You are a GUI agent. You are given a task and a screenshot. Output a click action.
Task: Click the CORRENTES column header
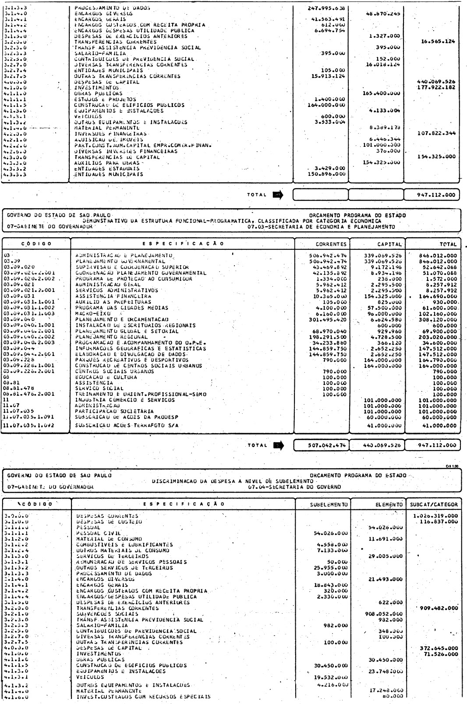pyautogui.click(x=331, y=244)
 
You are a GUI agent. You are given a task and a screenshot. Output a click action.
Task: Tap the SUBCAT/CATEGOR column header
pyautogui.click(x=433, y=504)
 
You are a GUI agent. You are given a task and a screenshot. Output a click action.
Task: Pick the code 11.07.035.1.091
pyautogui.click(x=28, y=417)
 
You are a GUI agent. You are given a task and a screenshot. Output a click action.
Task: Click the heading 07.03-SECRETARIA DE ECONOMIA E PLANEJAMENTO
pyautogui.click(x=321, y=227)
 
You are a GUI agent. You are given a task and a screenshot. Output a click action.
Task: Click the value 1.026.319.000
pyautogui.click(x=435, y=516)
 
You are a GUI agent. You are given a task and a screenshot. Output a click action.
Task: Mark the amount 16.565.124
pyautogui.click(x=435, y=42)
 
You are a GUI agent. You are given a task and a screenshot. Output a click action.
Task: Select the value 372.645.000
pyautogui.click(x=439, y=648)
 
